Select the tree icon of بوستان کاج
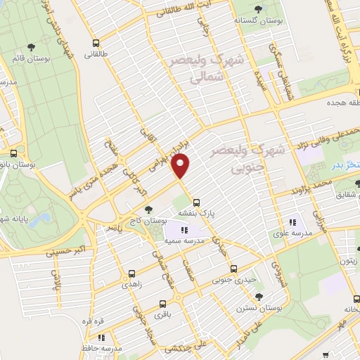(148, 209)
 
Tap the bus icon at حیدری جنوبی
(234, 268)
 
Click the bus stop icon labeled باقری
(163, 304)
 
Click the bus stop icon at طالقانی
(96, 43)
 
